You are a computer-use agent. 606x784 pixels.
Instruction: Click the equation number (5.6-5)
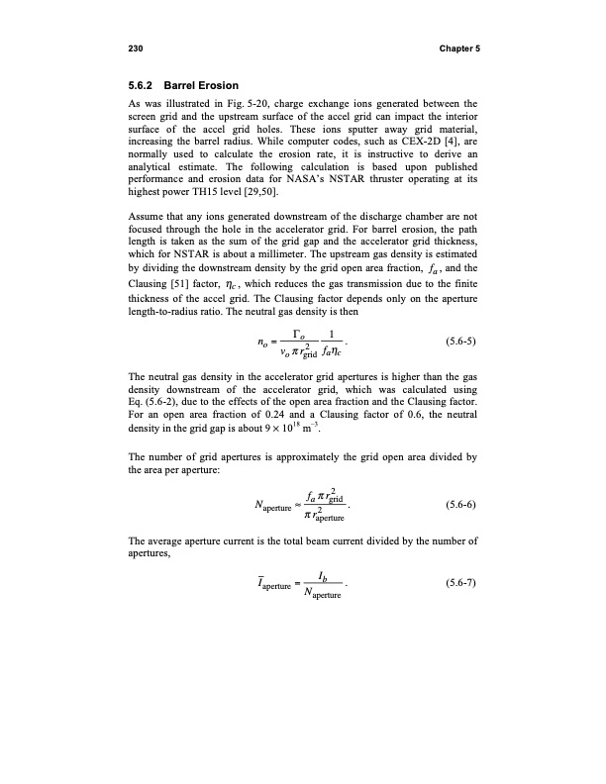pos(454,344)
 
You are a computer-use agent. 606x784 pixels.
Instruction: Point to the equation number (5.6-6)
pos(454,504)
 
